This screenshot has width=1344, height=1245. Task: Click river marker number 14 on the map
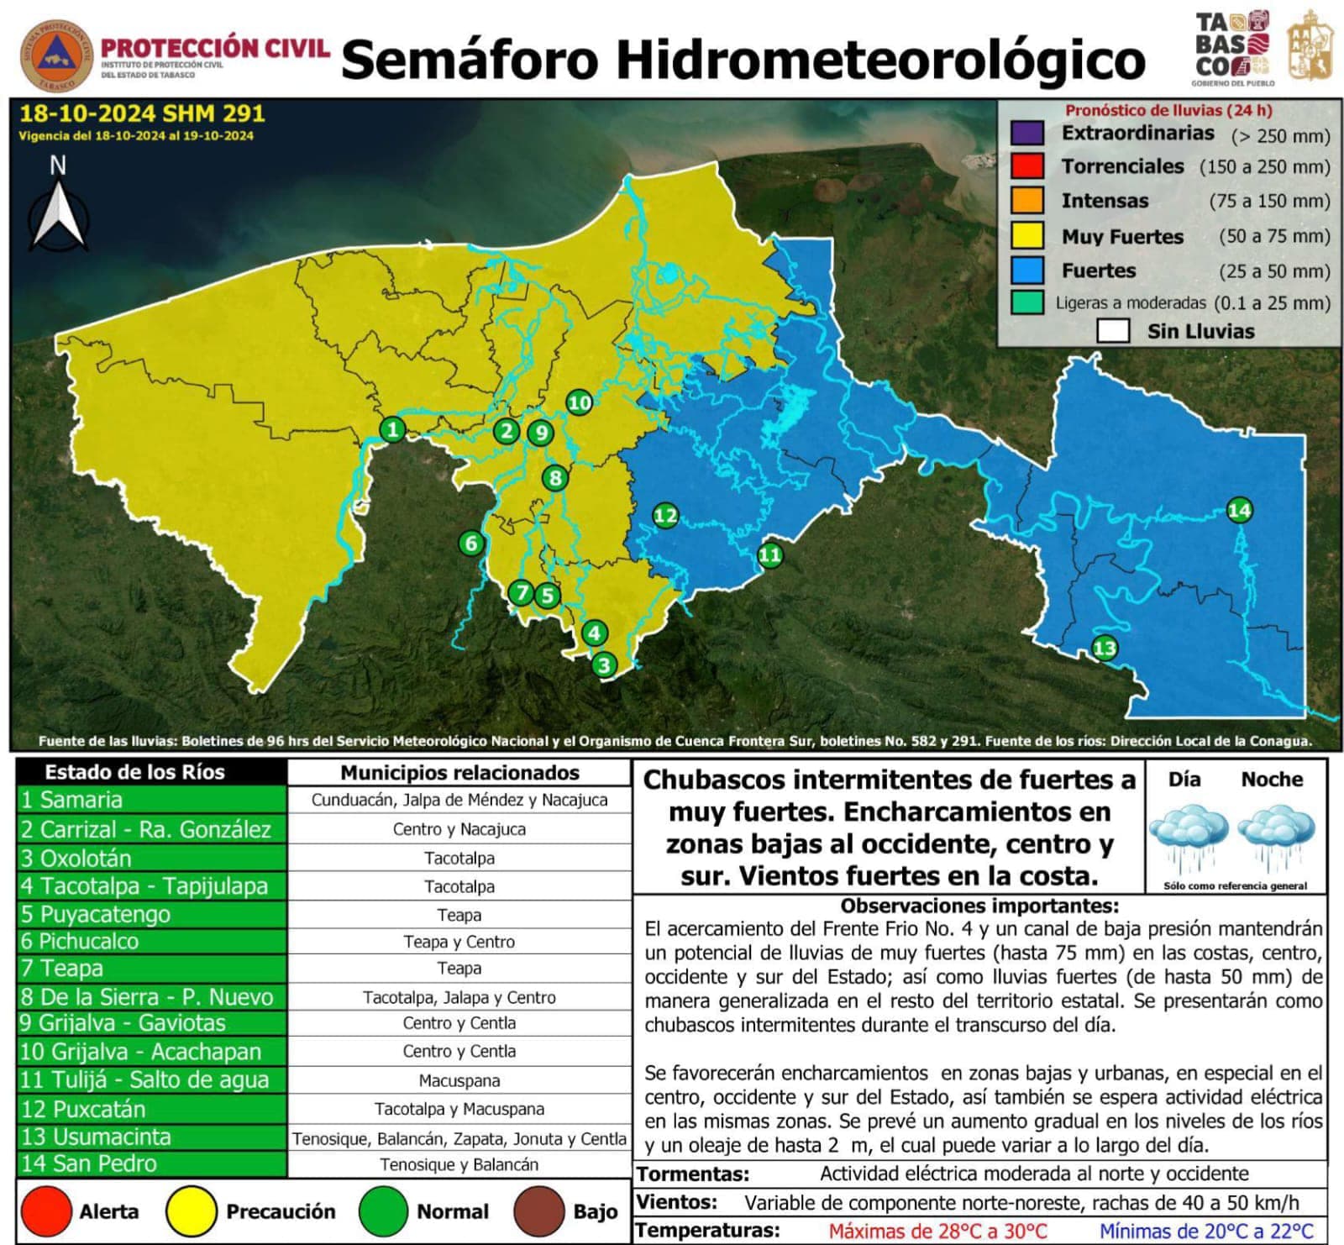[x=1239, y=510]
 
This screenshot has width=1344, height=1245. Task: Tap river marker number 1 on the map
[x=392, y=429]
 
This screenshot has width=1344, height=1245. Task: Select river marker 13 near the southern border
[x=1104, y=648]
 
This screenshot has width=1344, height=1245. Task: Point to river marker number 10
[x=579, y=402]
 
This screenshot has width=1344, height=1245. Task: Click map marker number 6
[x=471, y=544]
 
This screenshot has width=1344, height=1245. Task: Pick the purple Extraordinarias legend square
[x=1027, y=133]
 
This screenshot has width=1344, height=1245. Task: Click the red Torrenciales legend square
[x=1027, y=165]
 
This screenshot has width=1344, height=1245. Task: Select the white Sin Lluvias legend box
[x=1113, y=331]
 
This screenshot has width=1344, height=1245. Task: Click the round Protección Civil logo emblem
[x=57, y=55]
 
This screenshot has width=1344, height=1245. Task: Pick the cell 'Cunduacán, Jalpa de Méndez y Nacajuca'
[x=459, y=800]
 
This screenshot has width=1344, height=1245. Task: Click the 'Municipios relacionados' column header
[x=459, y=773]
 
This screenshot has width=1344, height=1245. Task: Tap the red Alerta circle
[x=46, y=1211]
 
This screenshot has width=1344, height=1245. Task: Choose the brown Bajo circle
[x=538, y=1211]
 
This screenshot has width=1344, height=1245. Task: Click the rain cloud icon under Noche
[x=1276, y=837]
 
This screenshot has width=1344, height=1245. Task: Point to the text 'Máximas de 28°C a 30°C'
[x=937, y=1231]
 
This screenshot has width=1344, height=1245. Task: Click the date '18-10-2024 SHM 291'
[x=142, y=113]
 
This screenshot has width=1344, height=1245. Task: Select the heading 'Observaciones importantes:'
[x=979, y=906]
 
